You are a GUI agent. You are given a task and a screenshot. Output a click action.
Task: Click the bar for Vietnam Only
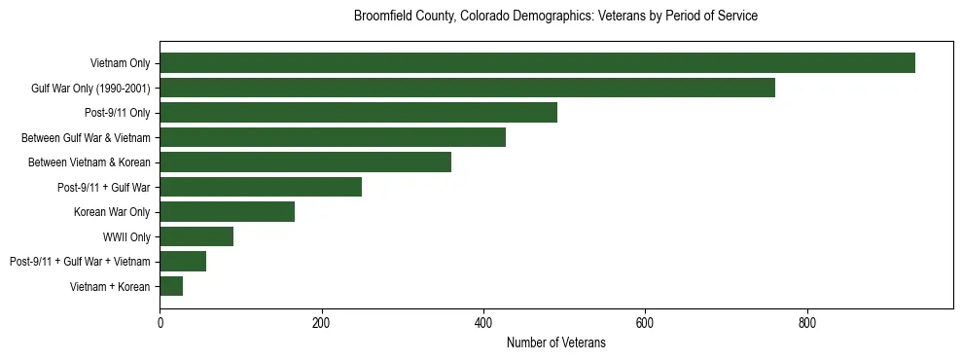tap(537, 63)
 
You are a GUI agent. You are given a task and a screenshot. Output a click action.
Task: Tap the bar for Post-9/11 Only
tap(358, 113)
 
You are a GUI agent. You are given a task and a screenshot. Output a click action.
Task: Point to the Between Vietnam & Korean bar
tap(305, 162)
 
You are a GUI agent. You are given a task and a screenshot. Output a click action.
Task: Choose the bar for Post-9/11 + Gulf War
tap(261, 187)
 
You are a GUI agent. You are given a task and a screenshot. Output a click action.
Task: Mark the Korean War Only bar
tap(227, 212)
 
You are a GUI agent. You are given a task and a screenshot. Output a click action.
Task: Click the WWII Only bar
tap(196, 236)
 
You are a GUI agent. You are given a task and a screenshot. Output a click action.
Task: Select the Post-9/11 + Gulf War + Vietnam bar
tap(183, 262)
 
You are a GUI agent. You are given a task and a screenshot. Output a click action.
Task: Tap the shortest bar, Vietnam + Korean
tap(171, 286)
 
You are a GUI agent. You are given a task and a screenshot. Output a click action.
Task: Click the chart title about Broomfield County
tap(555, 17)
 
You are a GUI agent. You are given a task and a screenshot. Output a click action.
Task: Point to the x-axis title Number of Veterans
tap(555, 342)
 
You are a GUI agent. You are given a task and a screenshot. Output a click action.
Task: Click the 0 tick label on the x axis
tap(160, 323)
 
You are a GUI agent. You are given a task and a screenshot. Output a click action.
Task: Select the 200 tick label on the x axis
tap(321, 323)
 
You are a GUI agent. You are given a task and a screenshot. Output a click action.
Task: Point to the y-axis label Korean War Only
tap(112, 212)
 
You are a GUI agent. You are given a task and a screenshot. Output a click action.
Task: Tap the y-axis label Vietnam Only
tap(120, 63)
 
